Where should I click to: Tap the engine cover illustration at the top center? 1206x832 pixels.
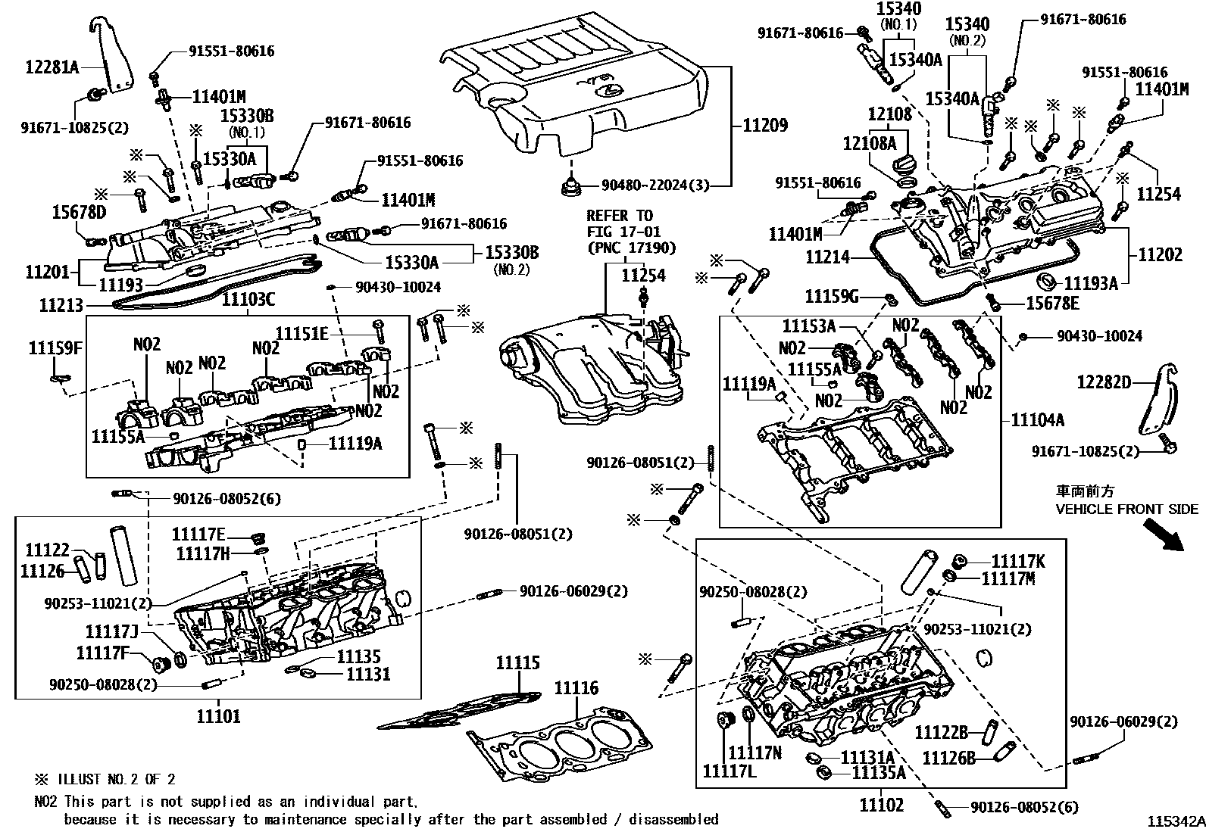(x=576, y=91)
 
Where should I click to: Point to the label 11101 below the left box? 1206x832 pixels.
(x=218, y=715)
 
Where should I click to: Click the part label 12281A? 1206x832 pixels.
(x=52, y=67)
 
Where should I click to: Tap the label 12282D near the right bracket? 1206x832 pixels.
(x=1104, y=383)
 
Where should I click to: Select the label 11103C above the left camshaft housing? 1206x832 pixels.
(x=248, y=301)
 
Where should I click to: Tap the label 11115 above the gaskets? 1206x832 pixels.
(x=518, y=663)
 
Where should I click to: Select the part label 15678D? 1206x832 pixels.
(x=79, y=213)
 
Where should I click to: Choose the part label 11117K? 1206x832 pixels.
(x=1018, y=561)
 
